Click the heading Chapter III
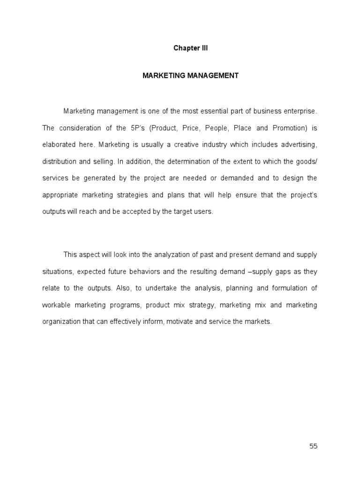pyautogui.click(x=190, y=48)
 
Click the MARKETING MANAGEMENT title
pyautogui.click(x=190, y=75)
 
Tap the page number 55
pyautogui.click(x=313, y=446)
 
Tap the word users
pyautogui.click(x=202, y=212)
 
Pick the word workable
pyautogui.click(x=56, y=305)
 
